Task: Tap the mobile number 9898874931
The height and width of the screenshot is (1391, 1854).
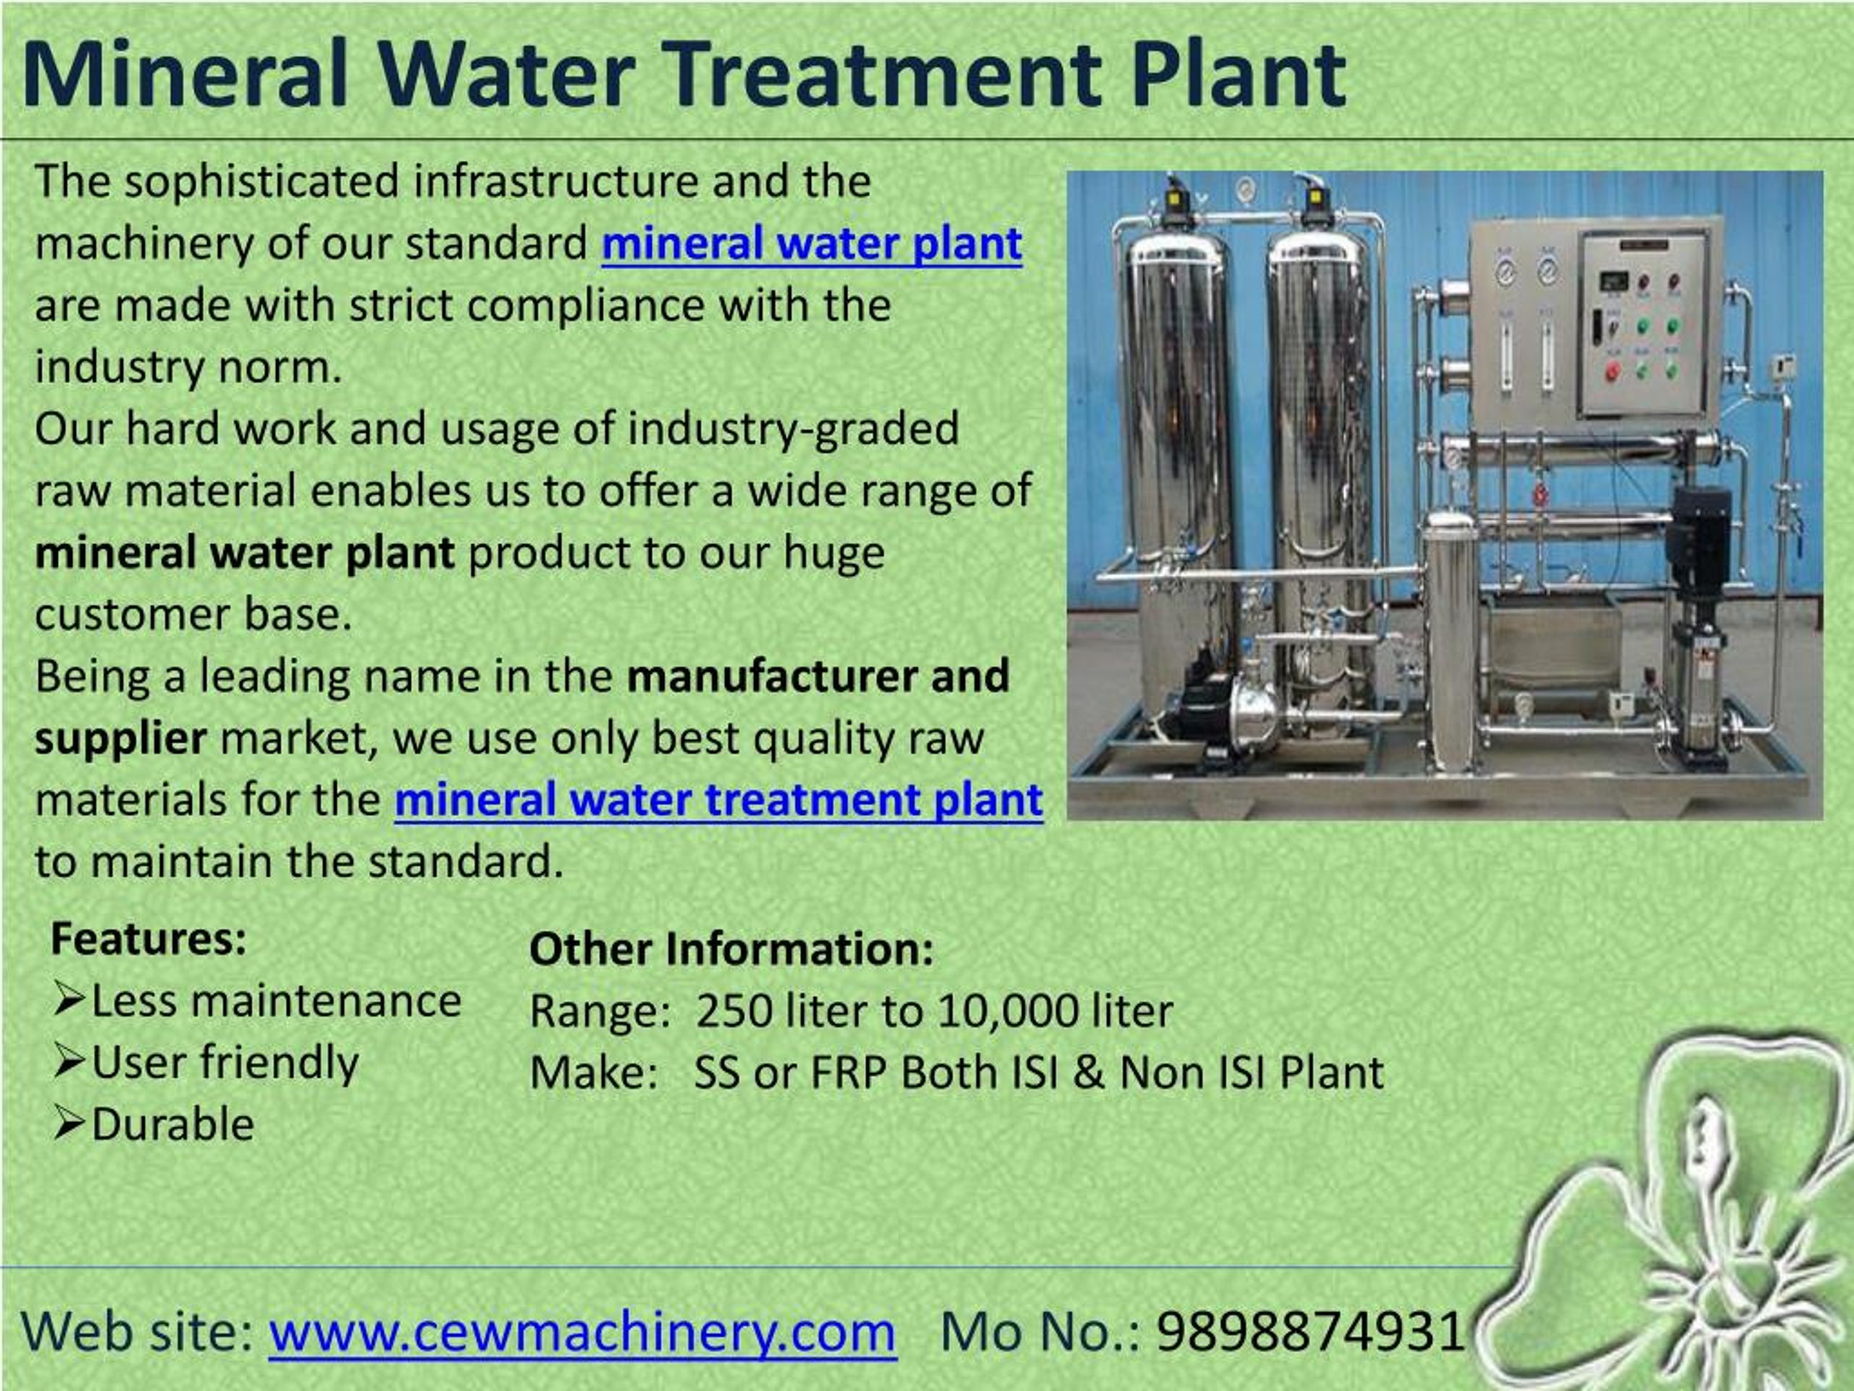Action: pos(1311,1331)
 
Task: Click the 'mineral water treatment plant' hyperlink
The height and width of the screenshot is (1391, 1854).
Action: pos(718,799)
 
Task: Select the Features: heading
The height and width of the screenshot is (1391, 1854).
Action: pos(148,939)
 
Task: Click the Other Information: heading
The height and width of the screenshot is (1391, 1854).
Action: pos(731,950)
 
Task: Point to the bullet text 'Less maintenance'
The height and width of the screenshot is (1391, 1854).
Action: pos(276,1001)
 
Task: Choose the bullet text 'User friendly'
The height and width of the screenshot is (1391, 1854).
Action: pos(225,1062)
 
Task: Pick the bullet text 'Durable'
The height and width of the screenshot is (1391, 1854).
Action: pos(172,1124)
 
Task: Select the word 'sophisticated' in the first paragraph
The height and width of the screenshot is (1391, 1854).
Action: pos(261,181)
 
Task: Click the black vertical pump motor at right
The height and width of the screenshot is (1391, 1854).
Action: pos(1700,537)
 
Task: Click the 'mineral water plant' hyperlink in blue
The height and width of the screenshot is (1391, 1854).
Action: pos(811,244)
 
